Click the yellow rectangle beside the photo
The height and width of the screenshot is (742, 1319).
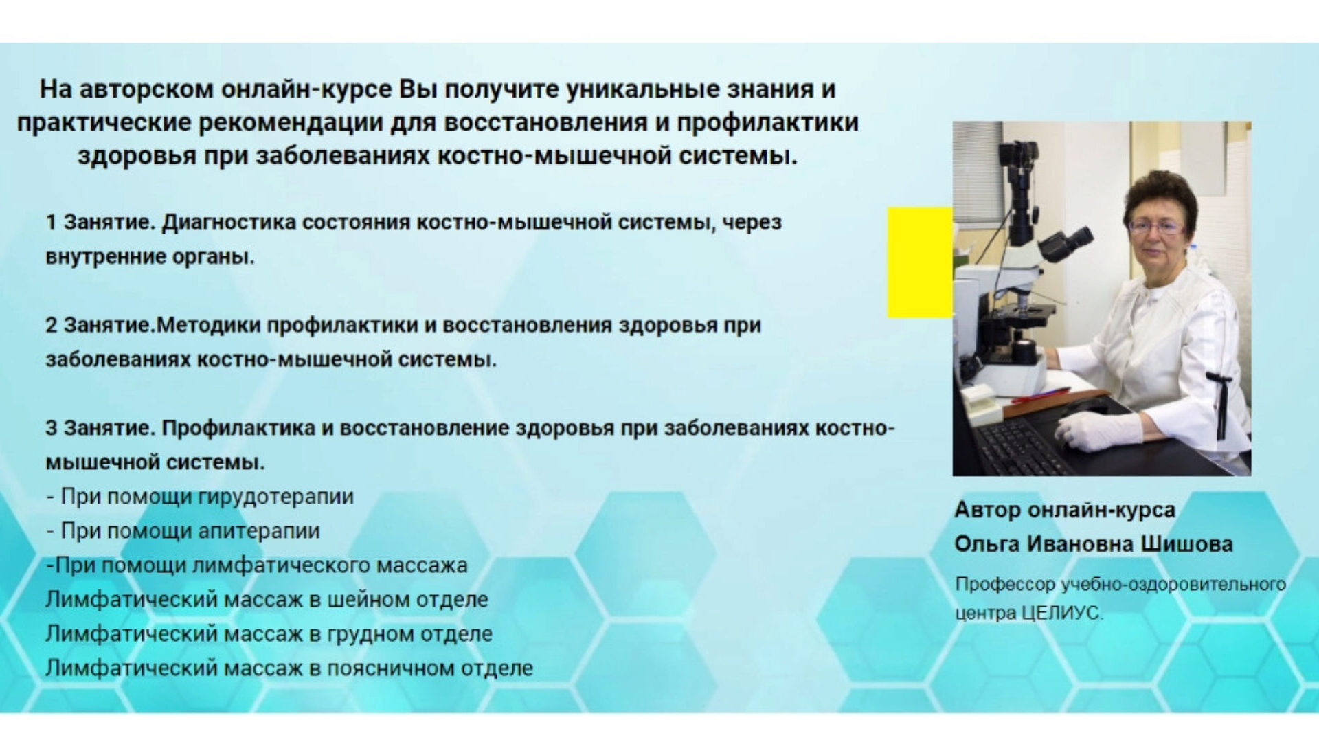tap(920, 262)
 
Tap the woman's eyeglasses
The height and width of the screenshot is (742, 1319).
tap(1155, 225)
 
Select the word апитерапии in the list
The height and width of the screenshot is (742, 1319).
tap(258, 531)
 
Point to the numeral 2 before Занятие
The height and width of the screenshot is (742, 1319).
tap(52, 325)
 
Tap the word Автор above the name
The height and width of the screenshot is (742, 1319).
tap(985, 510)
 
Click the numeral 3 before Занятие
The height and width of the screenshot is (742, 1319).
tap(52, 428)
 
